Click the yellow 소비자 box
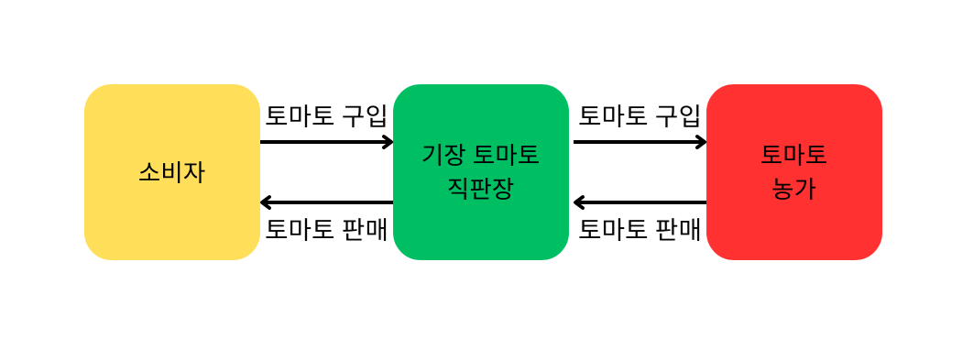172,172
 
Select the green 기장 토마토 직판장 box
481,172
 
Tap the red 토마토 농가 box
794,172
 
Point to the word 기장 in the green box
443,155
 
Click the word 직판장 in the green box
481,190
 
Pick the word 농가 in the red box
794,190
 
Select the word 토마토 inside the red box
794,155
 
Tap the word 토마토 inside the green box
507,155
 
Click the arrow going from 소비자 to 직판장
326,142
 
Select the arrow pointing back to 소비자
326,202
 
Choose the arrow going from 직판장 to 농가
640,142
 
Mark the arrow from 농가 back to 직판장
640,202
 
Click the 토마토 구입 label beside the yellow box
326,116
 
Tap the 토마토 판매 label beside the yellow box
326,230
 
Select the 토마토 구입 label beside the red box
640,116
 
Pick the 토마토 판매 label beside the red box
640,230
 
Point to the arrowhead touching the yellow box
265,202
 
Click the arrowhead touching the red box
702,142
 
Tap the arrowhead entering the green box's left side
388,142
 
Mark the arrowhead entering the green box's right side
578,202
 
